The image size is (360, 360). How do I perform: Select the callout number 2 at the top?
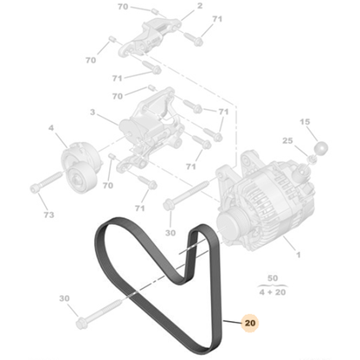coord(200,6)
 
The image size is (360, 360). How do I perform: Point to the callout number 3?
coord(93,112)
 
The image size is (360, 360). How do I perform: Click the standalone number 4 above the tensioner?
coord(51,130)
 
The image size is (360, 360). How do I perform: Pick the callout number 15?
coord(304,122)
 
